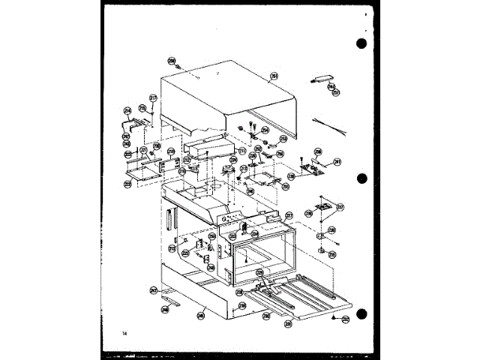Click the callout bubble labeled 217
tap(153, 97)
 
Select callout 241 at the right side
tap(337, 161)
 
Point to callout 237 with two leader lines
tap(340, 207)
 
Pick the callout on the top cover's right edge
tap(274, 76)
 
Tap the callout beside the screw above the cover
tap(171, 61)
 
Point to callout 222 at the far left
tap(128, 182)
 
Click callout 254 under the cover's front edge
tap(265, 130)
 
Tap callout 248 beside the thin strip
tap(164, 308)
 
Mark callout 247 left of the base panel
tap(153, 289)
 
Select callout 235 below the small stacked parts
tap(331, 253)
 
